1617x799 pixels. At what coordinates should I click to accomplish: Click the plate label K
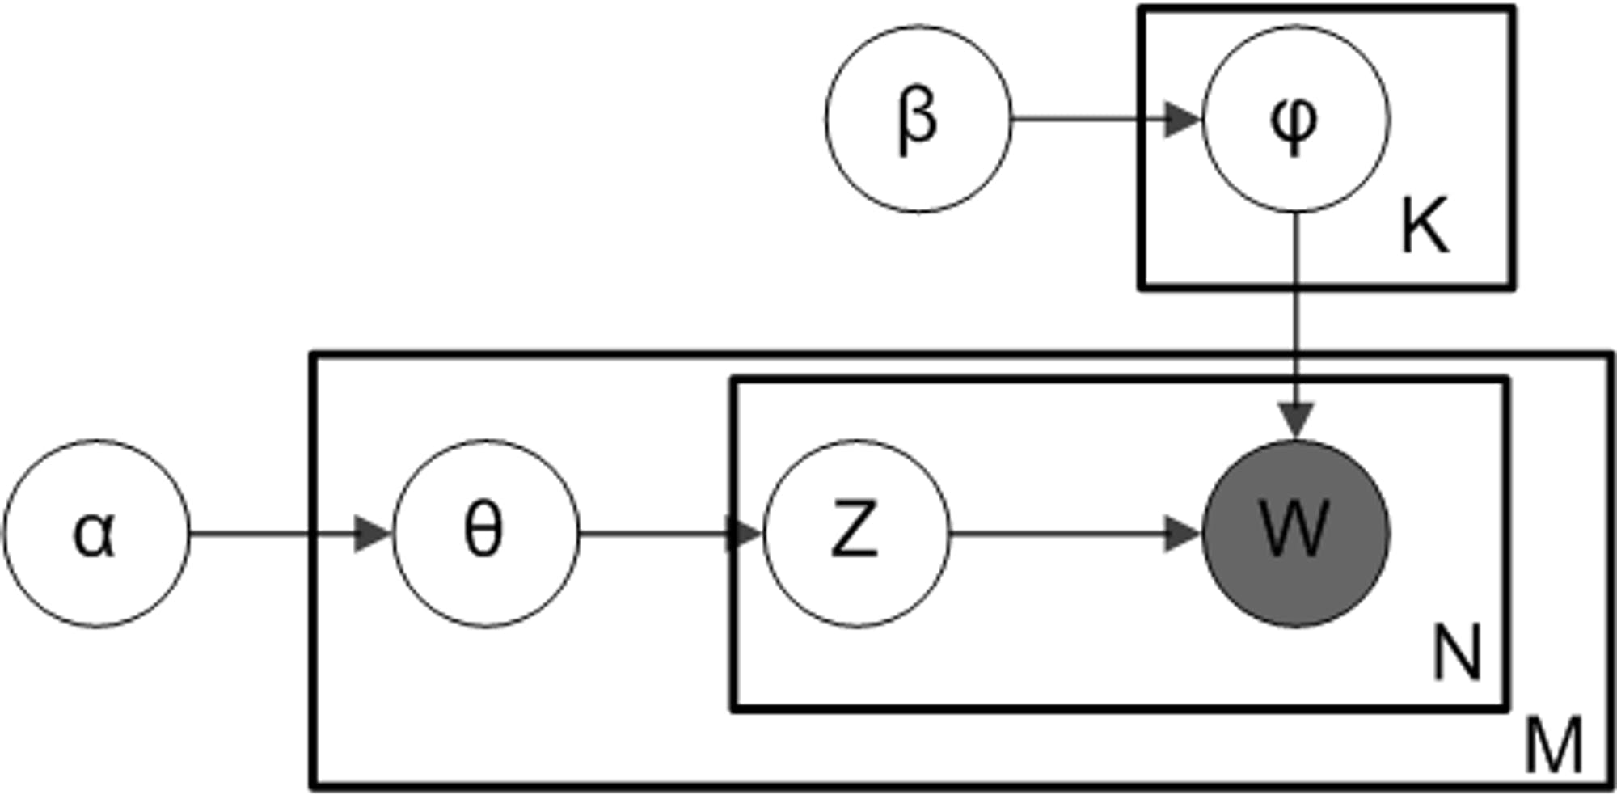(x=1425, y=226)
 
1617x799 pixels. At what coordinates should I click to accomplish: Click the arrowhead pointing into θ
(x=374, y=534)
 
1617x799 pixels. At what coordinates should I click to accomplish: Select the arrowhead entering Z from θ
(x=745, y=534)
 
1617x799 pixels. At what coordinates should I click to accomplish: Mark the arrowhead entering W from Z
(x=1181, y=534)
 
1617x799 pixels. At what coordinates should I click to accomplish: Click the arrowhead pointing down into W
(x=1296, y=421)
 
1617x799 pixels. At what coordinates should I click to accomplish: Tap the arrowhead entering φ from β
(x=1181, y=120)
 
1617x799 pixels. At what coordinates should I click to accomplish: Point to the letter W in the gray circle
(x=1294, y=529)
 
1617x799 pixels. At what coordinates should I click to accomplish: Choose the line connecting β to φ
(x=1083, y=120)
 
